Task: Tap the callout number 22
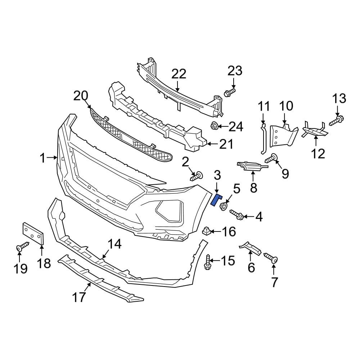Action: (x=179, y=74)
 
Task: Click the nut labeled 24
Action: (x=214, y=126)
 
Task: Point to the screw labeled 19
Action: (x=22, y=247)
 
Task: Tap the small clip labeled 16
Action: (x=207, y=231)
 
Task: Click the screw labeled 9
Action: (x=271, y=158)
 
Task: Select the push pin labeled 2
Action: (x=197, y=176)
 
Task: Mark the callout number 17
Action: (x=79, y=297)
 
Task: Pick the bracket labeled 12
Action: (x=314, y=131)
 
